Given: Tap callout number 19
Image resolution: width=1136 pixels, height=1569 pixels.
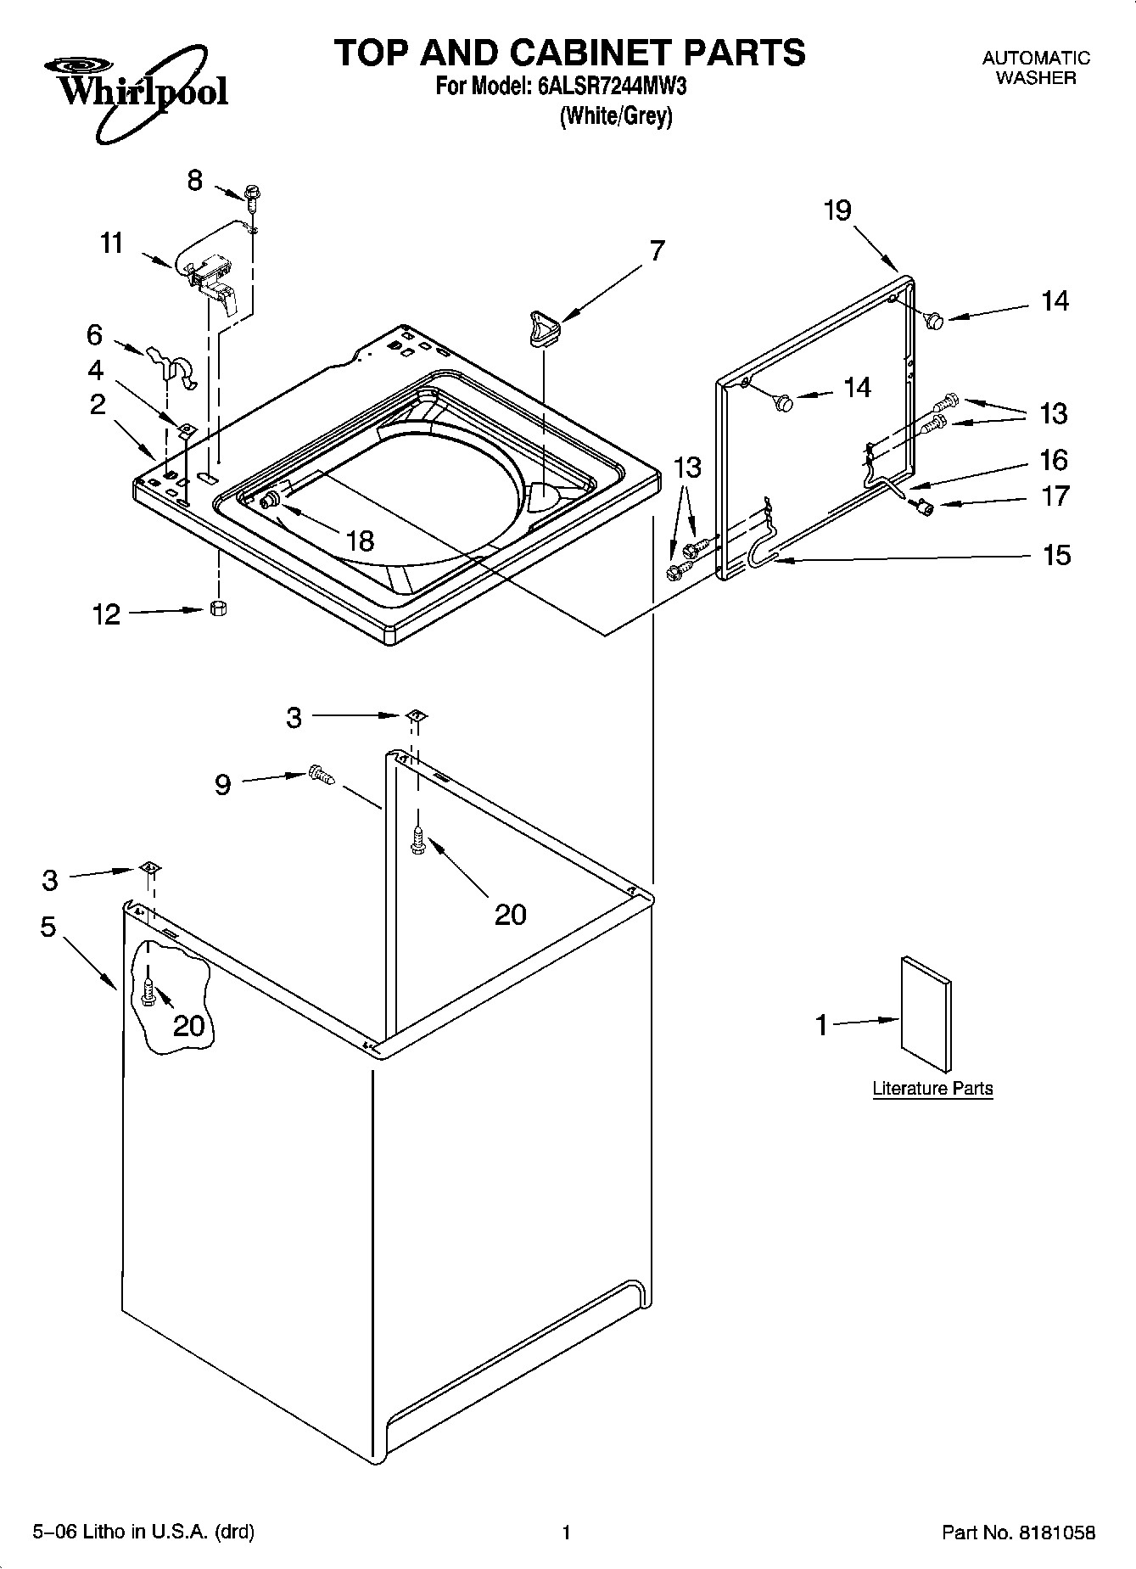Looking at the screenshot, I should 837,210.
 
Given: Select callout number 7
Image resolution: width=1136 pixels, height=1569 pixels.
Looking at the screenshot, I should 657,251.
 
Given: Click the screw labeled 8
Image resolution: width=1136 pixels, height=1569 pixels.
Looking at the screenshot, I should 252,196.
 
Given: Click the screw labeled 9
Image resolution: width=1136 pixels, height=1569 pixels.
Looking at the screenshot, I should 321,774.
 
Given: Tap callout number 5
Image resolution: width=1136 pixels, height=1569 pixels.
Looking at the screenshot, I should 48,927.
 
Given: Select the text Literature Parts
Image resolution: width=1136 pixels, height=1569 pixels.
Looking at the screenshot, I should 932,1089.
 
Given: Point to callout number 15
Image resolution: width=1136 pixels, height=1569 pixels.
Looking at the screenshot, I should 1056,556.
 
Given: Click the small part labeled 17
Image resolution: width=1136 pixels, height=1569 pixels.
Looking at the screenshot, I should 923,507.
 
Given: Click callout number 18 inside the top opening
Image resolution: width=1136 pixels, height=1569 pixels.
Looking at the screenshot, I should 361,541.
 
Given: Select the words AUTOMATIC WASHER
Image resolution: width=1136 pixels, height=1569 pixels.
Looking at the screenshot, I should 1035,68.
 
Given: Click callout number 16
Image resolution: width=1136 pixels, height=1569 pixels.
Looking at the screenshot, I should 1055,460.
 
